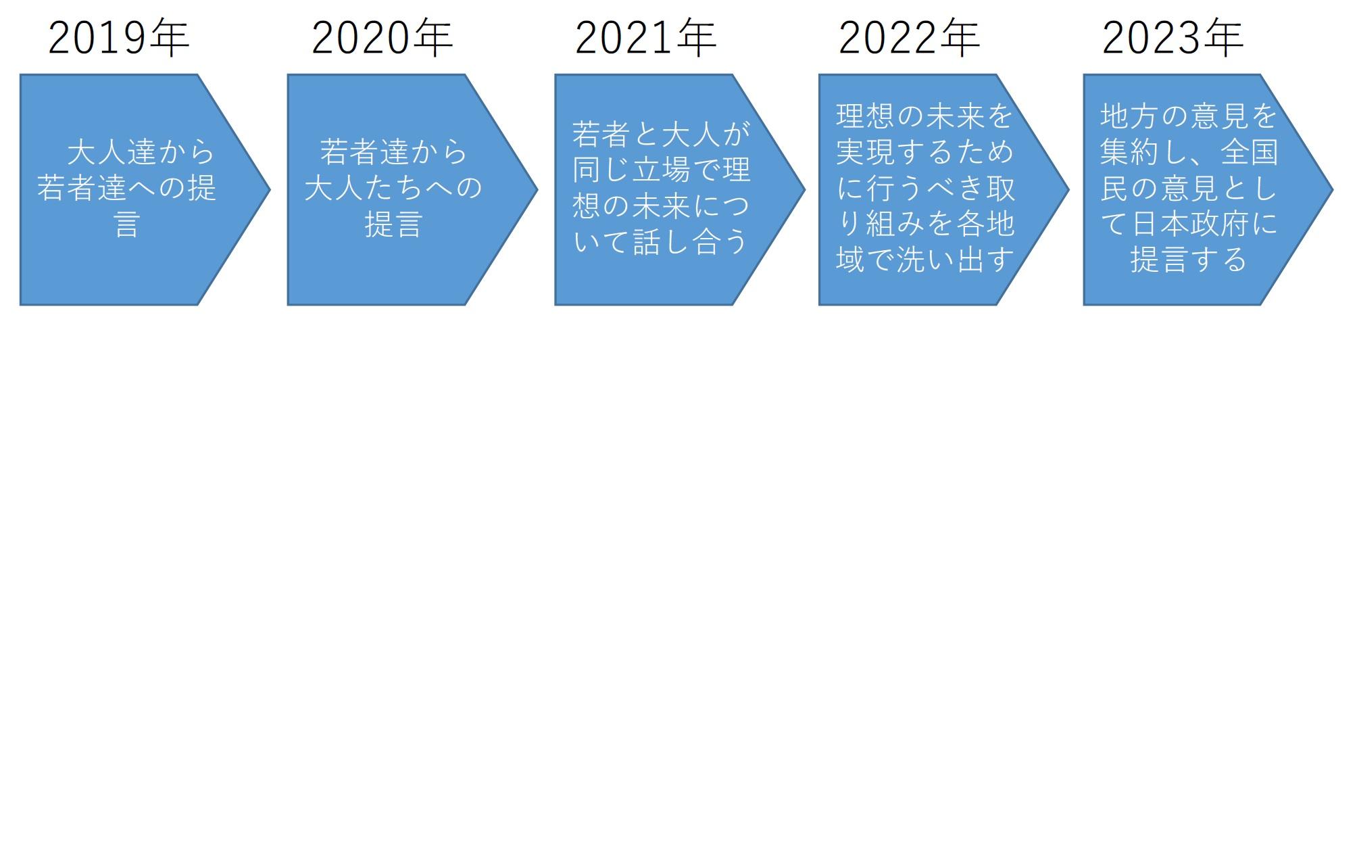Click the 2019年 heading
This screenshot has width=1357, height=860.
[119, 38]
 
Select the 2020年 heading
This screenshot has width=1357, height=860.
[383, 38]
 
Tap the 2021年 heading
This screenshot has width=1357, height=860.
[646, 38]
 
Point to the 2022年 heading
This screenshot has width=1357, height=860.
[910, 38]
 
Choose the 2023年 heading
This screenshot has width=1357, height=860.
[1173, 38]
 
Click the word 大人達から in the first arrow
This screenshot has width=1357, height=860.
[141, 152]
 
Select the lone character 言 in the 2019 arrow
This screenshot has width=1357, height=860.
[127, 224]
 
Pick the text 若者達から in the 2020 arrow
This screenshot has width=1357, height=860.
[394, 152]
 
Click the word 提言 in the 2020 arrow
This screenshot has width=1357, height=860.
[393, 224]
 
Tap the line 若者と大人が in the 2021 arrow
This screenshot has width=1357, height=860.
[661, 134]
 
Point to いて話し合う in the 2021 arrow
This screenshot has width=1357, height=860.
[660, 242]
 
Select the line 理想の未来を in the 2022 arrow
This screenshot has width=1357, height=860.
[924, 116]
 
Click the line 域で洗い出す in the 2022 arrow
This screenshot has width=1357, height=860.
[925, 260]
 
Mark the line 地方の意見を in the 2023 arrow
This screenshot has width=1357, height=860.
[1189, 116]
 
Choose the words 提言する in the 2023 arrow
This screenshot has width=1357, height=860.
[1189, 260]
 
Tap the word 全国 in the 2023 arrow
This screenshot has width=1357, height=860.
[1250, 152]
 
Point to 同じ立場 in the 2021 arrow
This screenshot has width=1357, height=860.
[631, 170]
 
